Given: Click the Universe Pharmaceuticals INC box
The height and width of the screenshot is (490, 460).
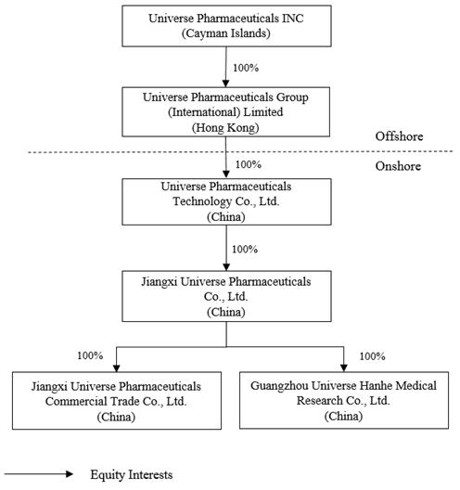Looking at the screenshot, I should [225, 25].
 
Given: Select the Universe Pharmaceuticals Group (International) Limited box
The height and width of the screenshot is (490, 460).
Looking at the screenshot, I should [225, 114].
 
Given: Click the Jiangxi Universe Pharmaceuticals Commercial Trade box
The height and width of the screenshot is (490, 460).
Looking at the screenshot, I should [116, 400].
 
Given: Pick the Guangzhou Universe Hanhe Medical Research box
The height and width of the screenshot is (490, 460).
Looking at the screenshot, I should [344, 400].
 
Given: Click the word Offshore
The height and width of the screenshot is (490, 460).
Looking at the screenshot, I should [400, 136].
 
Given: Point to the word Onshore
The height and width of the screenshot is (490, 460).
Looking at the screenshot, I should [399, 166].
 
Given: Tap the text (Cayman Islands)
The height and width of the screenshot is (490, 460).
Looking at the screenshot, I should [225, 32].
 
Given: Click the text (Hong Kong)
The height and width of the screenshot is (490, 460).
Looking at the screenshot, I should [225, 129].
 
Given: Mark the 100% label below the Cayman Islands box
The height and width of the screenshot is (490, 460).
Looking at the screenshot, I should [245, 67].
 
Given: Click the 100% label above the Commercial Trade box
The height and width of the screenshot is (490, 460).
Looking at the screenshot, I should [90, 355].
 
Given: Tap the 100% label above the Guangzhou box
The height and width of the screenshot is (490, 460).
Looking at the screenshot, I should [372, 355].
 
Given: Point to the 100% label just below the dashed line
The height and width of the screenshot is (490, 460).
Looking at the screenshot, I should [249, 164].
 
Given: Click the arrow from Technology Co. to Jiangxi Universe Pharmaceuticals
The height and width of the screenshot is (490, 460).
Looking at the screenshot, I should [225, 248].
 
